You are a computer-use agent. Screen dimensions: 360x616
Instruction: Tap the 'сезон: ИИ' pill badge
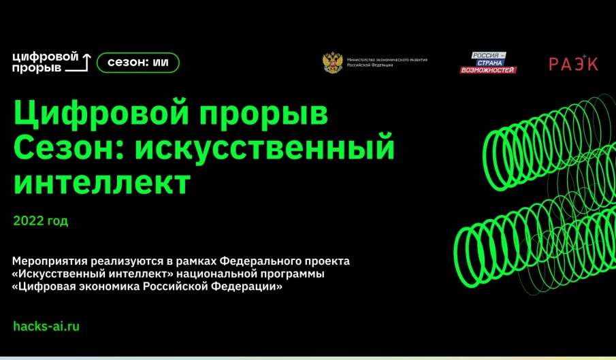[138, 63]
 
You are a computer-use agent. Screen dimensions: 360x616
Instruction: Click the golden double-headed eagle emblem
[332, 63]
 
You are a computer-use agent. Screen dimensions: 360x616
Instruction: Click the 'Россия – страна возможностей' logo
[487, 63]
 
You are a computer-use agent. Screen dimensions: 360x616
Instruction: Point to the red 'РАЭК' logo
[573, 63]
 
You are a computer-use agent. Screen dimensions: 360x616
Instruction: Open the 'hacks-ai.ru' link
[46, 326]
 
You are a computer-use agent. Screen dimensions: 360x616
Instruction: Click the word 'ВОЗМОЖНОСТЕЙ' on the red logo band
[487, 69]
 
